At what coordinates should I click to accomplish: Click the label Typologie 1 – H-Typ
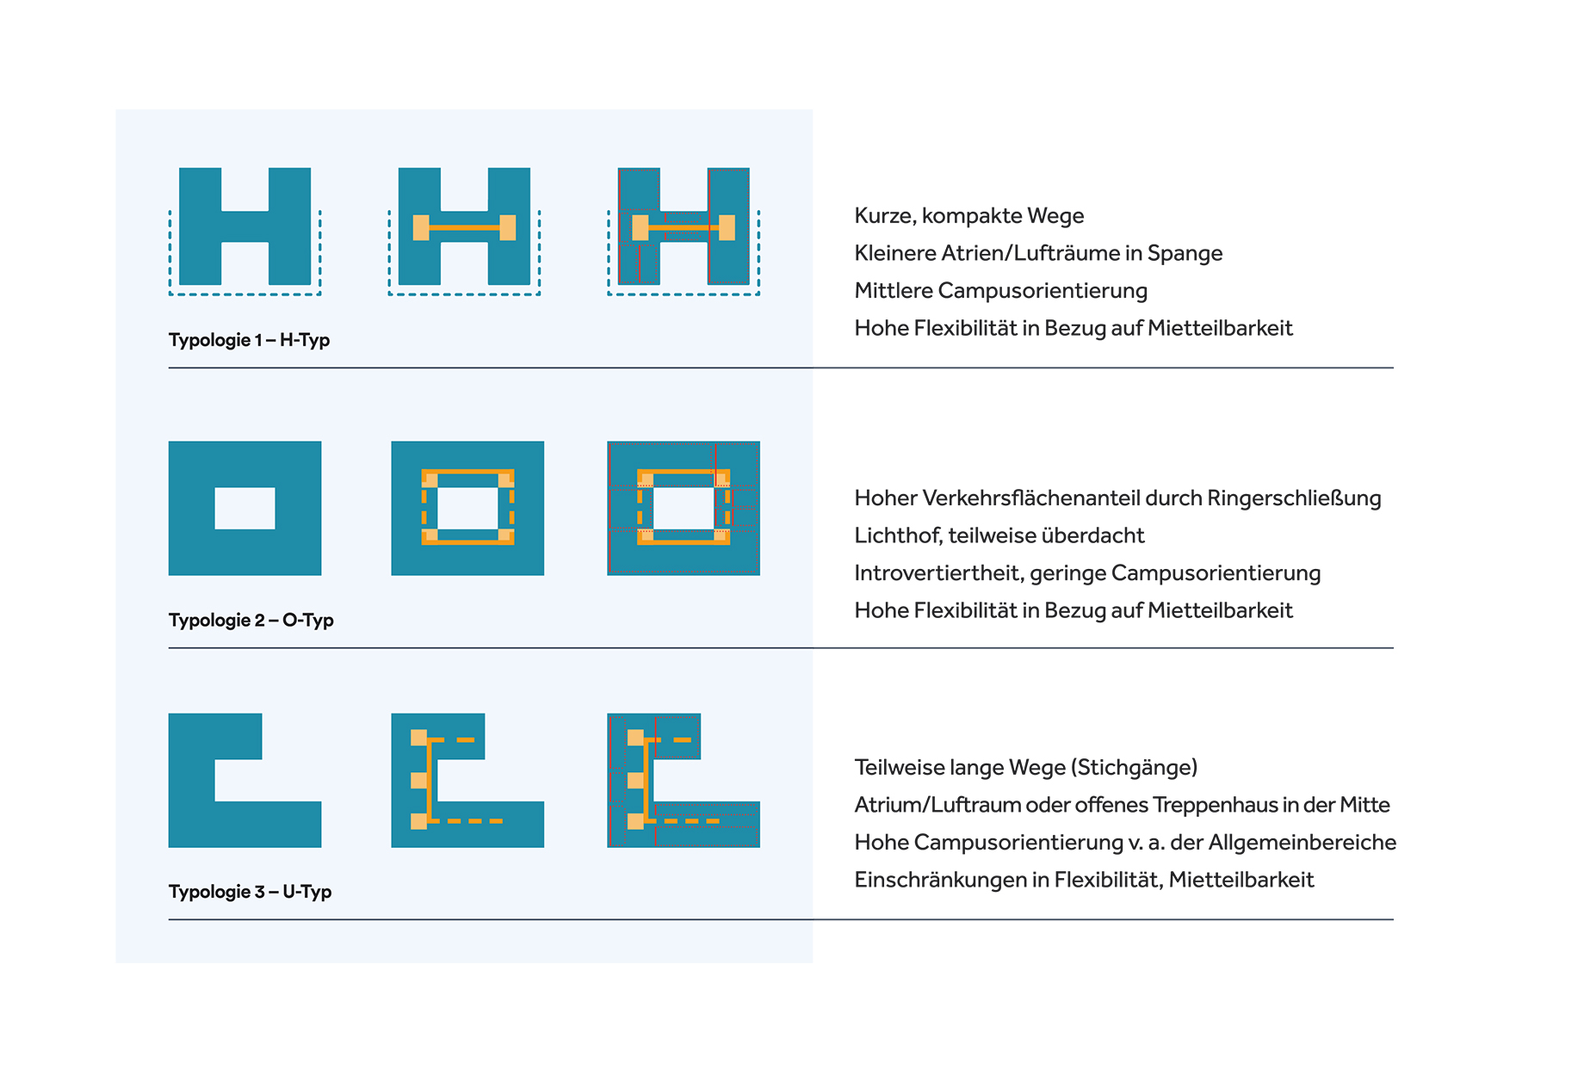pos(249,340)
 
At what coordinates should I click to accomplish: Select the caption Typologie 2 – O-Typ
pos(251,620)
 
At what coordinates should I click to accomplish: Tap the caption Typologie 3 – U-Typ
pos(250,892)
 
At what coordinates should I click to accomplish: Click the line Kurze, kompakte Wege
pos(968,216)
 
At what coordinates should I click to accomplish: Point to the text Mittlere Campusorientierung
pos(1000,291)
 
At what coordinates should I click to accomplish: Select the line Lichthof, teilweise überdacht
pos(999,535)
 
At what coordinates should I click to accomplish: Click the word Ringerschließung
pos(1294,498)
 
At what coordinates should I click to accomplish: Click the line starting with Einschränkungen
pos(1084,880)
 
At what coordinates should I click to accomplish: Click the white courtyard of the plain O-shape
pos(244,509)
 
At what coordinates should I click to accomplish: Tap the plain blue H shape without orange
pos(244,226)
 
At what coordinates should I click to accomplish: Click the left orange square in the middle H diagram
pos(421,227)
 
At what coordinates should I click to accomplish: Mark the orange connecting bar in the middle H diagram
pos(465,228)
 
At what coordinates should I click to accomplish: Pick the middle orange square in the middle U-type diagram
pos(418,780)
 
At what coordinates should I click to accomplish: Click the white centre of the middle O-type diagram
pos(468,509)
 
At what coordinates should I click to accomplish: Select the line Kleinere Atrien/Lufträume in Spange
pos(1038,253)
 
